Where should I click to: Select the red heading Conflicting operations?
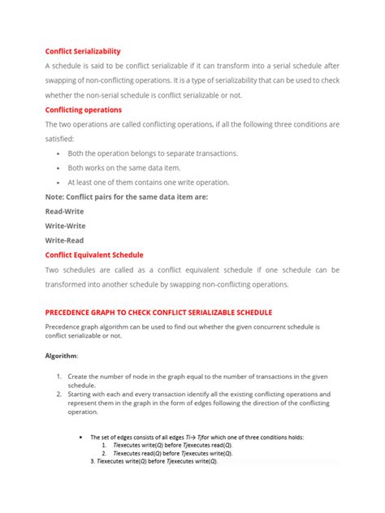tap(83, 110)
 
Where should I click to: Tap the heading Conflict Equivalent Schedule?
tap(93, 254)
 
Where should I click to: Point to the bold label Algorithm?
tap(61, 356)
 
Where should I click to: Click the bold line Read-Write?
tap(65, 211)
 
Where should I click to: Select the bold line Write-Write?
tap(65, 226)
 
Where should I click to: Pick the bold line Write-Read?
tap(65, 240)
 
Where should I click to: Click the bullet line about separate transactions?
tap(153, 153)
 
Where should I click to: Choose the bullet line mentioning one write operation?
tap(149, 182)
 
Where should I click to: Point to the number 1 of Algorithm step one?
tap(59, 377)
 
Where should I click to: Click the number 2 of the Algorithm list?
tap(59, 394)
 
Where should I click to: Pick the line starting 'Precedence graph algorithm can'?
tap(183, 326)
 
